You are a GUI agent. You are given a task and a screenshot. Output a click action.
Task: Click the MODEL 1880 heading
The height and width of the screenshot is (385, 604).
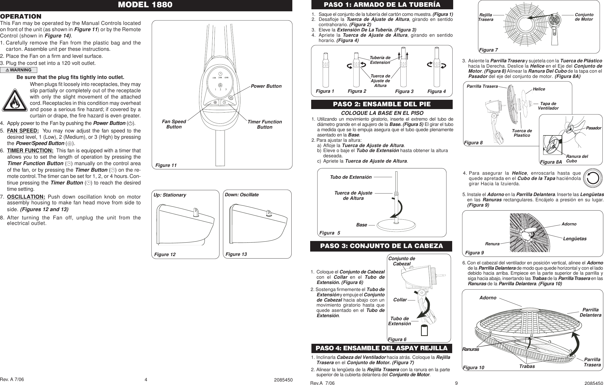click(x=146, y=5)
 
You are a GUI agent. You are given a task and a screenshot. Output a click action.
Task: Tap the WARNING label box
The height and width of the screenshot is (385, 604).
click(x=19, y=70)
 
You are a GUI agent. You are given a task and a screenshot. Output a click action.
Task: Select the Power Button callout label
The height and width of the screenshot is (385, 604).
click(x=266, y=86)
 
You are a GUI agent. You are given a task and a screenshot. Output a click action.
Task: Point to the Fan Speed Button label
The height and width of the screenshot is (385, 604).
click(x=174, y=124)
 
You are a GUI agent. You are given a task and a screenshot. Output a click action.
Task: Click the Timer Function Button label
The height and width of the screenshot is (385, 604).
click(x=265, y=124)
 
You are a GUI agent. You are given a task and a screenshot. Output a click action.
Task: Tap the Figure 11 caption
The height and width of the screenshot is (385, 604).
click(x=166, y=165)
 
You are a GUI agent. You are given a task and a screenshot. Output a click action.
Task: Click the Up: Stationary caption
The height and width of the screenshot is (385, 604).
click(x=170, y=195)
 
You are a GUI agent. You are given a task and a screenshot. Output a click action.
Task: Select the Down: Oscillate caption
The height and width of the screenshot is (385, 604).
click(x=242, y=195)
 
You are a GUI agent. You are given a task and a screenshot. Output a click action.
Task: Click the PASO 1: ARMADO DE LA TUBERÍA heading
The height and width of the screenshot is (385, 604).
click(x=382, y=5)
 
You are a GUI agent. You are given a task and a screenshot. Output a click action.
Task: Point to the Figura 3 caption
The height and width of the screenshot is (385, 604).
click(x=404, y=91)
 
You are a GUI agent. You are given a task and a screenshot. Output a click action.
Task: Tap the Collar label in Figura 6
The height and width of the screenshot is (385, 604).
click(x=400, y=300)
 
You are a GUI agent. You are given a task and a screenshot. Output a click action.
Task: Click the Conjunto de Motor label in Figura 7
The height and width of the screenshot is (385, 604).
click(x=584, y=17)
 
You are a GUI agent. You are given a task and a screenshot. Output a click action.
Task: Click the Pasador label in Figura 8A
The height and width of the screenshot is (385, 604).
click(x=593, y=128)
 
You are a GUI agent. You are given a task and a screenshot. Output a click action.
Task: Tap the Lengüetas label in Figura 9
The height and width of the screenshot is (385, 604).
click(x=575, y=239)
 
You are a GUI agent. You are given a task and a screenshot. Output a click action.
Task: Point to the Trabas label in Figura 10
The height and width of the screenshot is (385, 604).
click(x=527, y=366)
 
